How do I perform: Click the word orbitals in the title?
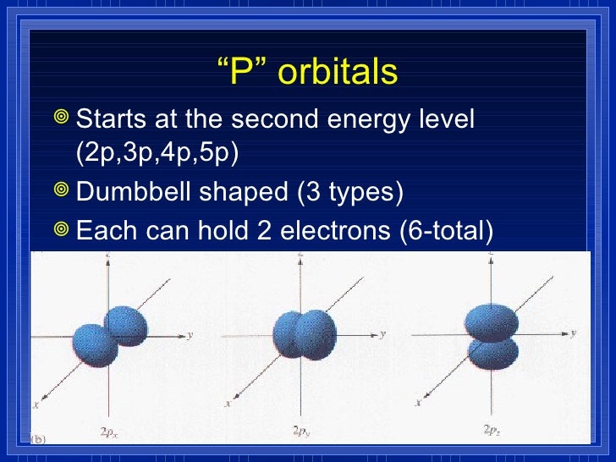338,74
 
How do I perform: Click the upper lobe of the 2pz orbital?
492,321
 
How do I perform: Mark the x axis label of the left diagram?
36,405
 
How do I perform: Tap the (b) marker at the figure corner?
38,438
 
